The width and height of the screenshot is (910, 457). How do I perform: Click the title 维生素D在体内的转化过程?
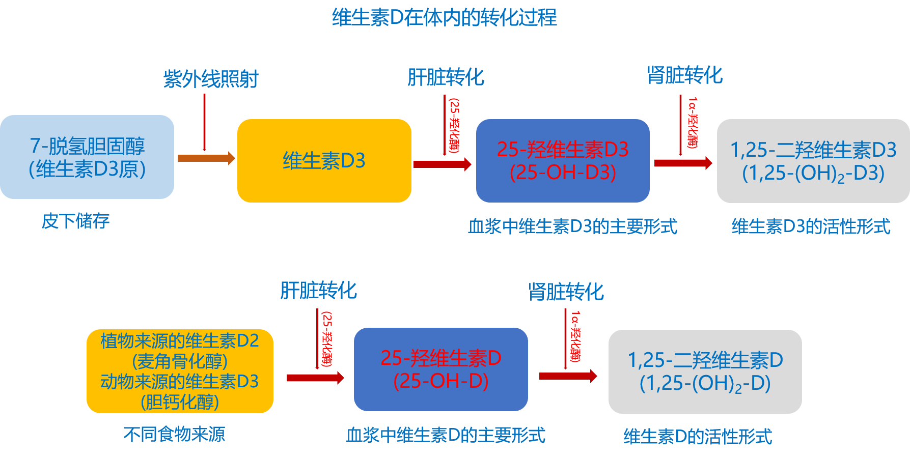pyautogui.click(x=444, y=18)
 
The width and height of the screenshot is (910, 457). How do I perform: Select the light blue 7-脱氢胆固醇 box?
pyautogui.click(x=87, y=157)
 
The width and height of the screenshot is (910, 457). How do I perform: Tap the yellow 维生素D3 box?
pyautogui.click(x=324, y=161)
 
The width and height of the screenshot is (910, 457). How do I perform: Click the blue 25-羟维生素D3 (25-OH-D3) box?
pyautogui.click(x=563, y=161)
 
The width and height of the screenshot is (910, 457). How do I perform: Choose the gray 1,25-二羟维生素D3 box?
pyautogui.click(x=813, y=161)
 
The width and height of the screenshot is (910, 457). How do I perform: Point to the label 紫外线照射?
pyautogui.click(x=211, y=79)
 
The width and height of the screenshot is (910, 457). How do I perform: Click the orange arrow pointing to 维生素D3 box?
pyautogui.click(x=206, y=158)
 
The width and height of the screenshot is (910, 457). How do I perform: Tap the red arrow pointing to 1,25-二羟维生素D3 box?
pyautogui.click(x=682, y=163)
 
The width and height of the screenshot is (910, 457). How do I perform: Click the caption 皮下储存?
pyautogui.click(x=75, y=221)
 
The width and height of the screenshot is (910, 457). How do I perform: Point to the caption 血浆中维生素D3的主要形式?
pyautogui.click(x=572, y=226)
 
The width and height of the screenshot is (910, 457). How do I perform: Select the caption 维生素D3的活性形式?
pyautogui.click(x=811, y=226)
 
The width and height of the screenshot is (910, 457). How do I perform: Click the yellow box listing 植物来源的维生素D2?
pyautogui.click(x=180, y=371)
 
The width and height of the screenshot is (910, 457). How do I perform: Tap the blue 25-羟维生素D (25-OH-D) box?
pyautogui.click(x=441, y=369)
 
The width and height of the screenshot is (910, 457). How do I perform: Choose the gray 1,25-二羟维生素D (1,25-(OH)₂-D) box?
pyautogui.click(x=705, y=372)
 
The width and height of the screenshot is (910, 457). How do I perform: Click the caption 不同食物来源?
pyautogui.click(x=174, y=434)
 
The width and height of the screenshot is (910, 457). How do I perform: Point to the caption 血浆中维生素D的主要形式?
pyautogui.click(x=446, y=435)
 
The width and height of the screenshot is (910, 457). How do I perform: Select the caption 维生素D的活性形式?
pyautogui.click(x=698, y=436)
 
